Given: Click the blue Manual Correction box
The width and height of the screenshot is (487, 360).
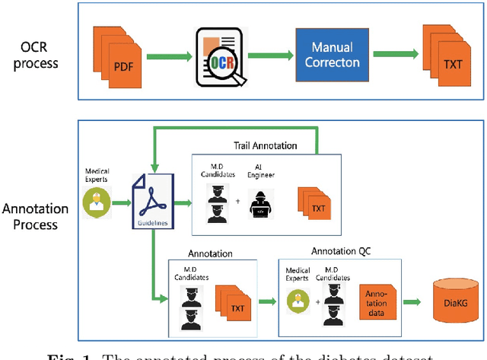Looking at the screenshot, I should [x=332, y=55].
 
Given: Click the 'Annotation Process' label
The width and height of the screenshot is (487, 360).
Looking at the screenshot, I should [x=35, y=215].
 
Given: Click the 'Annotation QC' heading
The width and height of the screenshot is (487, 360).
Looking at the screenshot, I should [x=342, y=251].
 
